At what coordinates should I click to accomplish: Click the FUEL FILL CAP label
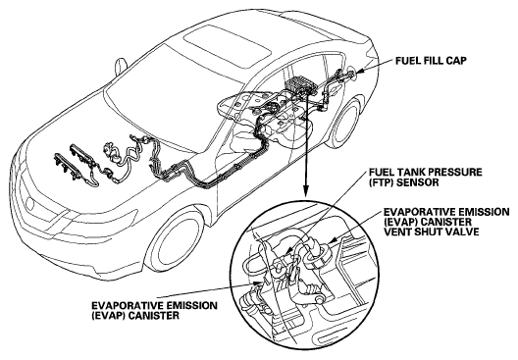pyautogui.click(x=431, y=61)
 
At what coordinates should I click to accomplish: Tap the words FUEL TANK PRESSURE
pyautogui.click(x=425, y=172)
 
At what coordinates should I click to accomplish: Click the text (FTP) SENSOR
pyautogui.click(x=403, y=182)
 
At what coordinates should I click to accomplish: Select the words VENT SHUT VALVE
pyautogui.click(x=431, y=231)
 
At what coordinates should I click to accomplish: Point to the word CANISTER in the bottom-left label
pyautogui.click(x=154, y=316)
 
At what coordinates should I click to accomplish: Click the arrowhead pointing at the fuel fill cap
pyautogui.click(x=360, y=71)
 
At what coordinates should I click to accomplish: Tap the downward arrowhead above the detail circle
pyautogui.click(x=306, y=190)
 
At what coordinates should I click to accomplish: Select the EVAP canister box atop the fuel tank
pyautogui.click(x=300, y=83)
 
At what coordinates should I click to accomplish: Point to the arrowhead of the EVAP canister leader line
pyautogui.click(x=257, y=284)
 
